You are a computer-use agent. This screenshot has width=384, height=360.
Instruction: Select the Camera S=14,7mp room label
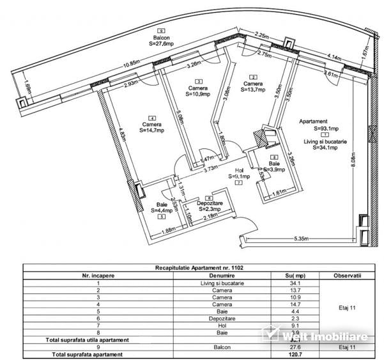(x=151, y=127)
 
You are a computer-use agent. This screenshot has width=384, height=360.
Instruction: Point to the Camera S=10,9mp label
(x=199, y=90)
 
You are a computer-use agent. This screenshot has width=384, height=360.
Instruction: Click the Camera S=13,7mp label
(x=252, y=86)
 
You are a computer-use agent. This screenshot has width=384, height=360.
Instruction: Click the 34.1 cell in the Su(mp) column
(x=295, y=283)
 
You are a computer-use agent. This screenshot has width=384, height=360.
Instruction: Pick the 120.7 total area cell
(x=295, y=353)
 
